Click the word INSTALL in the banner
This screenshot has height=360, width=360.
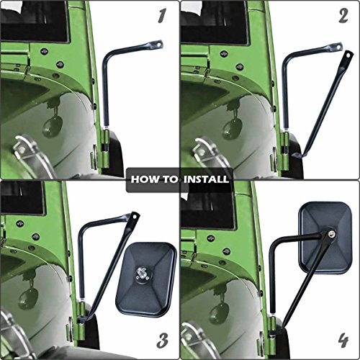[205, 179]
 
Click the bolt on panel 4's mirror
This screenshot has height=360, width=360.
[329, 234]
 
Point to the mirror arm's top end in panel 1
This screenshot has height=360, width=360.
[157, 45]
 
